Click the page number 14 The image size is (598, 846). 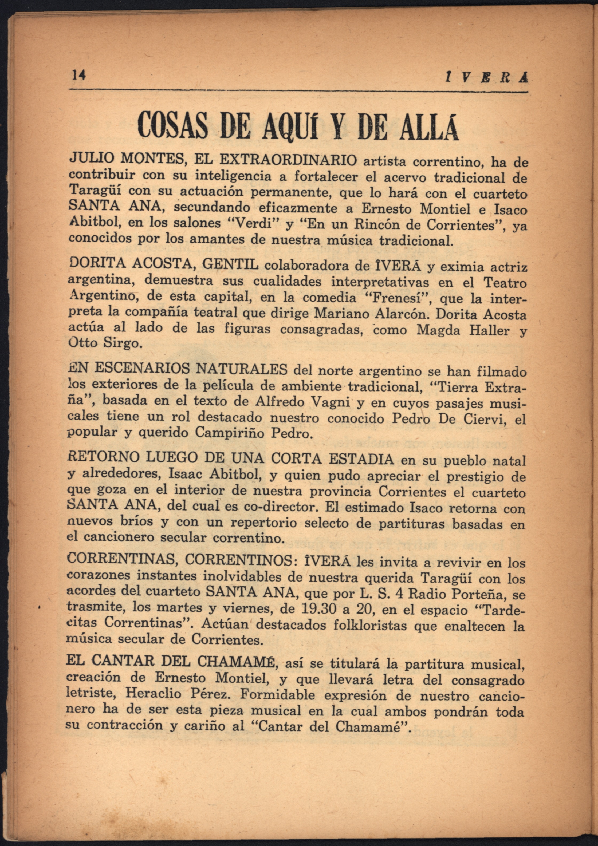79,75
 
